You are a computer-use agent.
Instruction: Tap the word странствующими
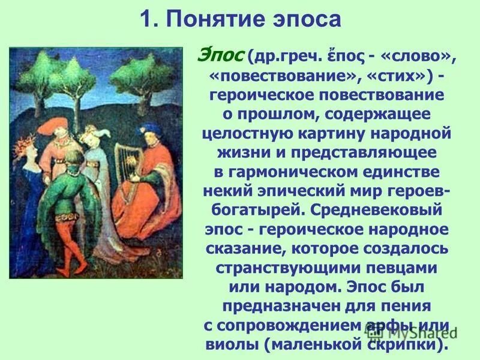289,269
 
